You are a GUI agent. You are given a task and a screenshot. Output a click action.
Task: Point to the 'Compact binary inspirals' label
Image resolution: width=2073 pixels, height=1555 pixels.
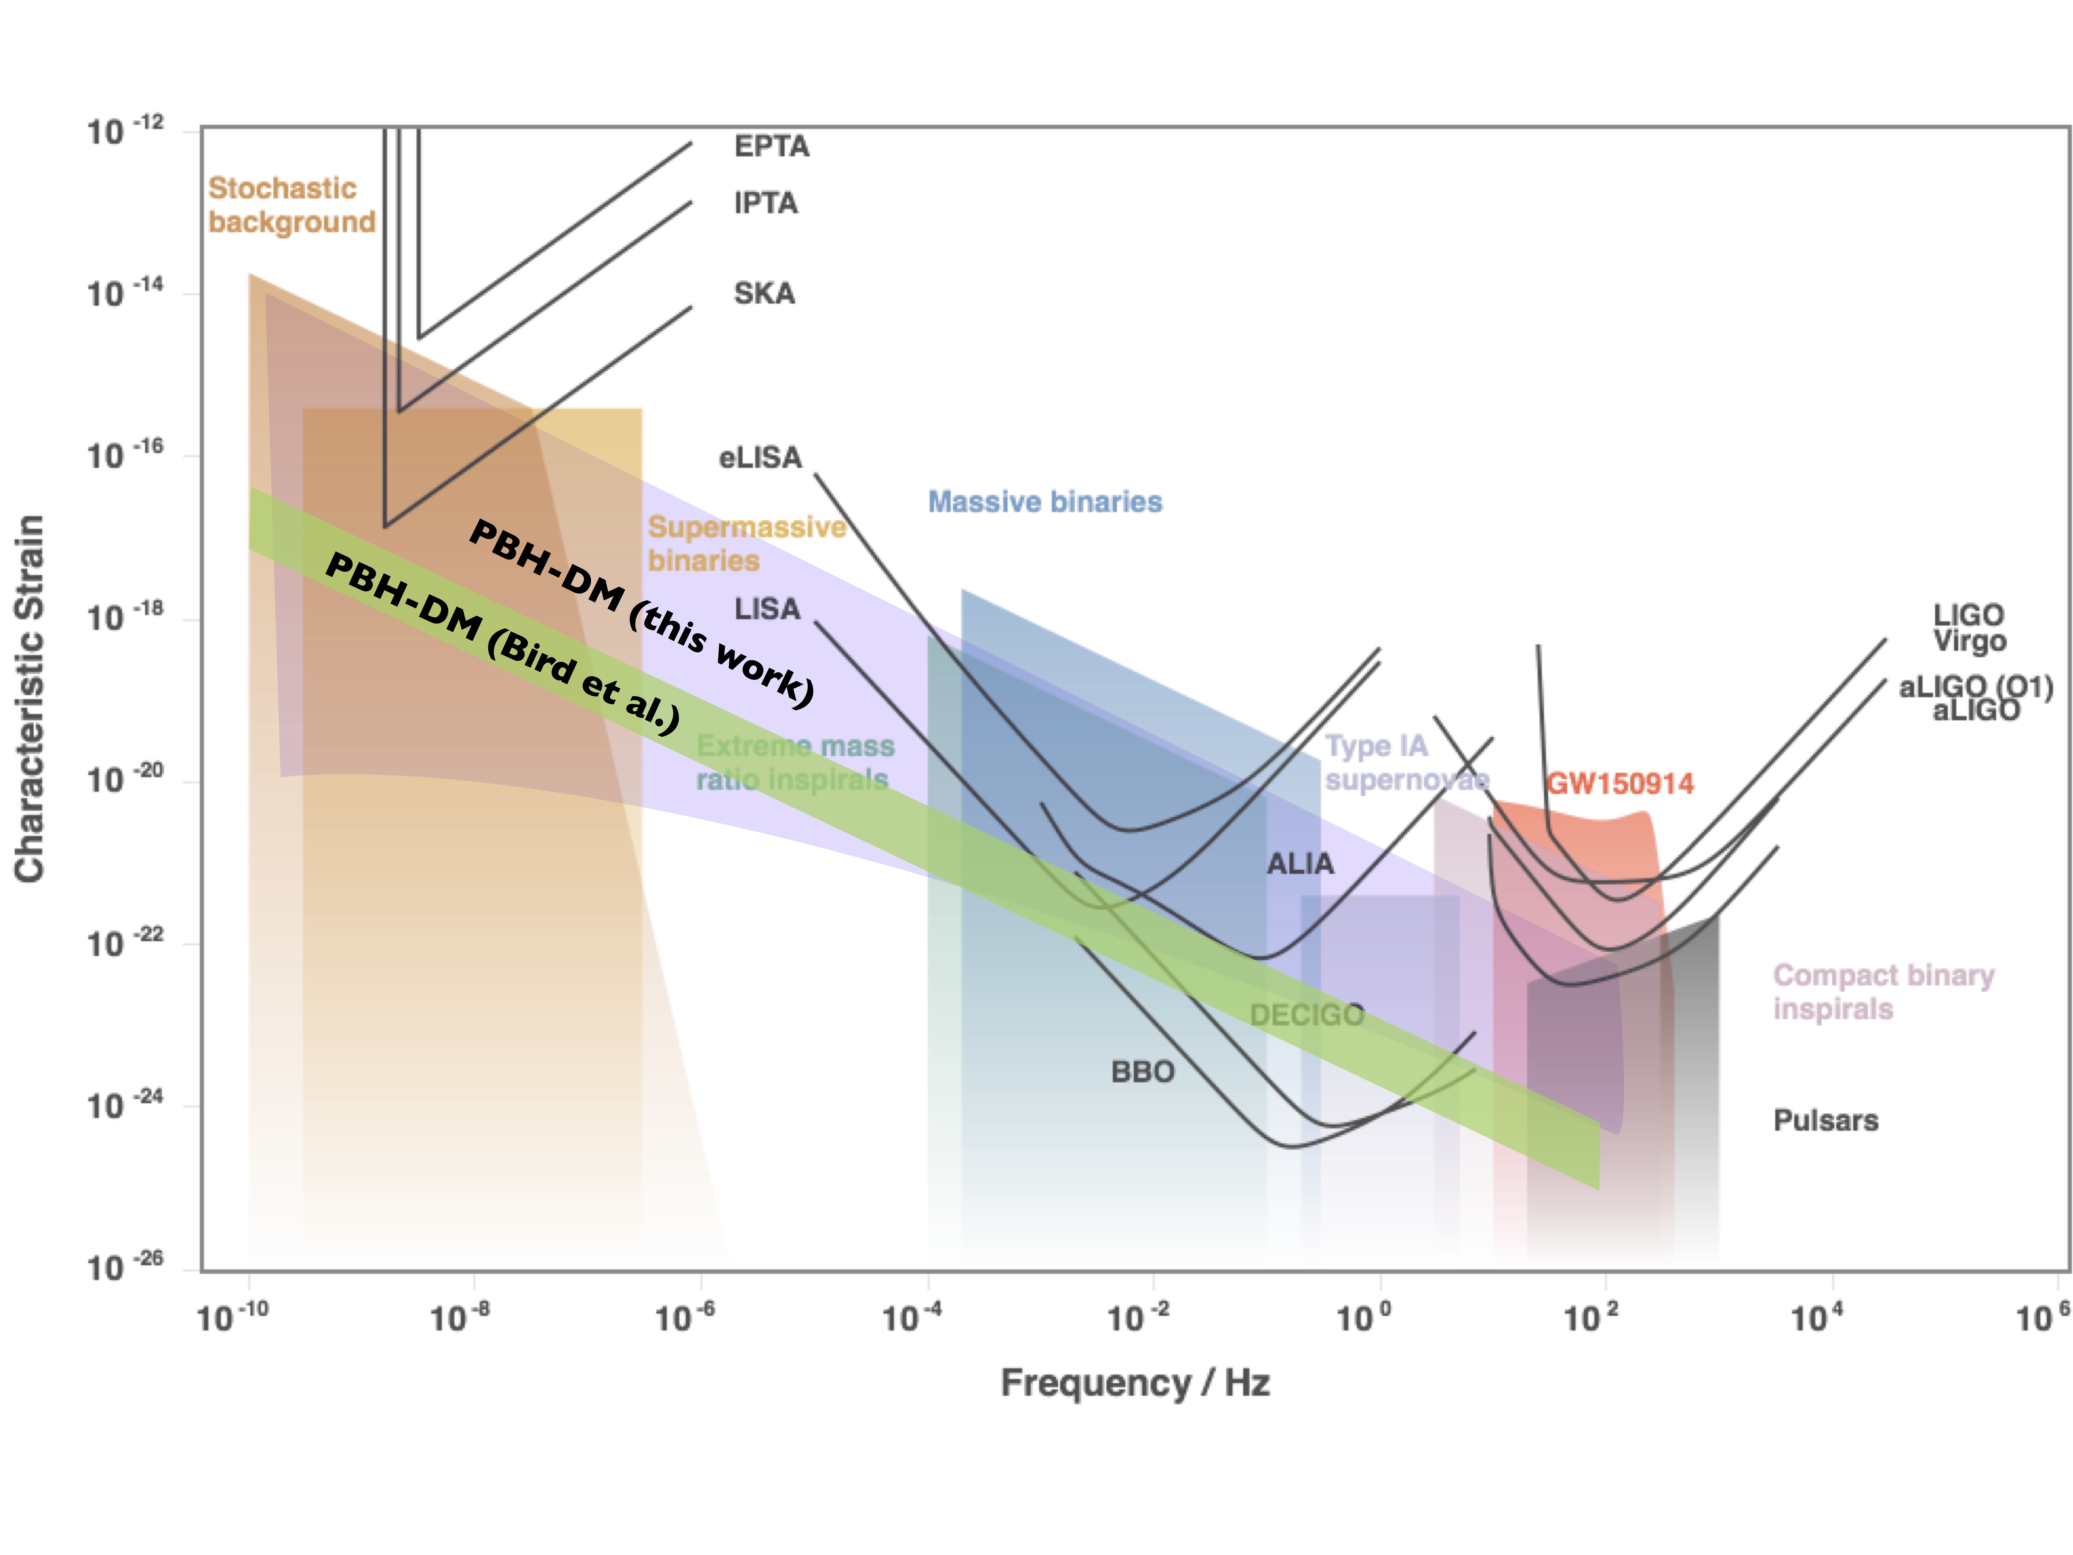(1883, 992)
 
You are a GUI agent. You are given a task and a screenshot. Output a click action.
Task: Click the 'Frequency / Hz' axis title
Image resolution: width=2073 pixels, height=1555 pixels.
(1135, 1382)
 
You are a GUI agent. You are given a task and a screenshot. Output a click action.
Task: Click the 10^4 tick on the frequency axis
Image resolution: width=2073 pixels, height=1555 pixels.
(1817, 1317)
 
